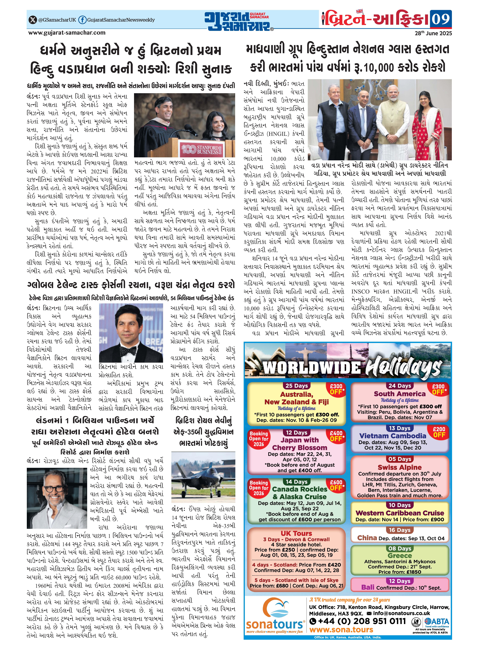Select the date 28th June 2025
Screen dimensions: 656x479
pyautogui.click(x=433, y=33)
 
